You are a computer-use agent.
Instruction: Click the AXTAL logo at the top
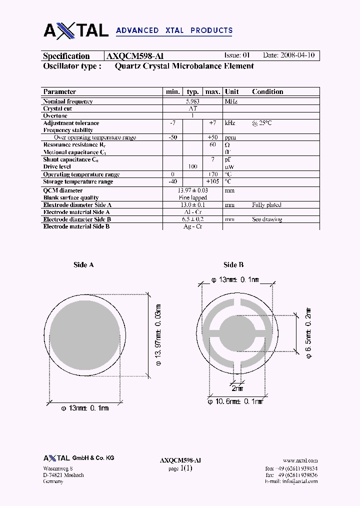(76, 30)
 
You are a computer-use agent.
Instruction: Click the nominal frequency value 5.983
(192, 101)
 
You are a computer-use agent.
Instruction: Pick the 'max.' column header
(212, 91)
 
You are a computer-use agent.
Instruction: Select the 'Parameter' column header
(59, 91)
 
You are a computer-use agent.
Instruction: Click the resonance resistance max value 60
(212, 144)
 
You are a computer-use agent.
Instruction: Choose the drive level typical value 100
(192, 166)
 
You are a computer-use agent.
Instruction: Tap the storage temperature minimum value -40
(173, 181)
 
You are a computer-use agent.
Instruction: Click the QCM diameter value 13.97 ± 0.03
(192, 190)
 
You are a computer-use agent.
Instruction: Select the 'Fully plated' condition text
(266, 205)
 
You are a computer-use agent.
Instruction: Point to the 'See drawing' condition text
(267, 219)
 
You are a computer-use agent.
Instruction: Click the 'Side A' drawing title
(83, 265)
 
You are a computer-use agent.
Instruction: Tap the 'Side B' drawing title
(233, 265)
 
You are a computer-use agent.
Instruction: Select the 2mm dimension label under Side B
(237, 388)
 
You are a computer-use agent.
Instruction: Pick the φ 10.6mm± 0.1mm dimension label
(235, 401)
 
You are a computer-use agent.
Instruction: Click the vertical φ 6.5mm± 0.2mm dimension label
(309, 332)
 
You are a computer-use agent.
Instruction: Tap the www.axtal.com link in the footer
(300, 460)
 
